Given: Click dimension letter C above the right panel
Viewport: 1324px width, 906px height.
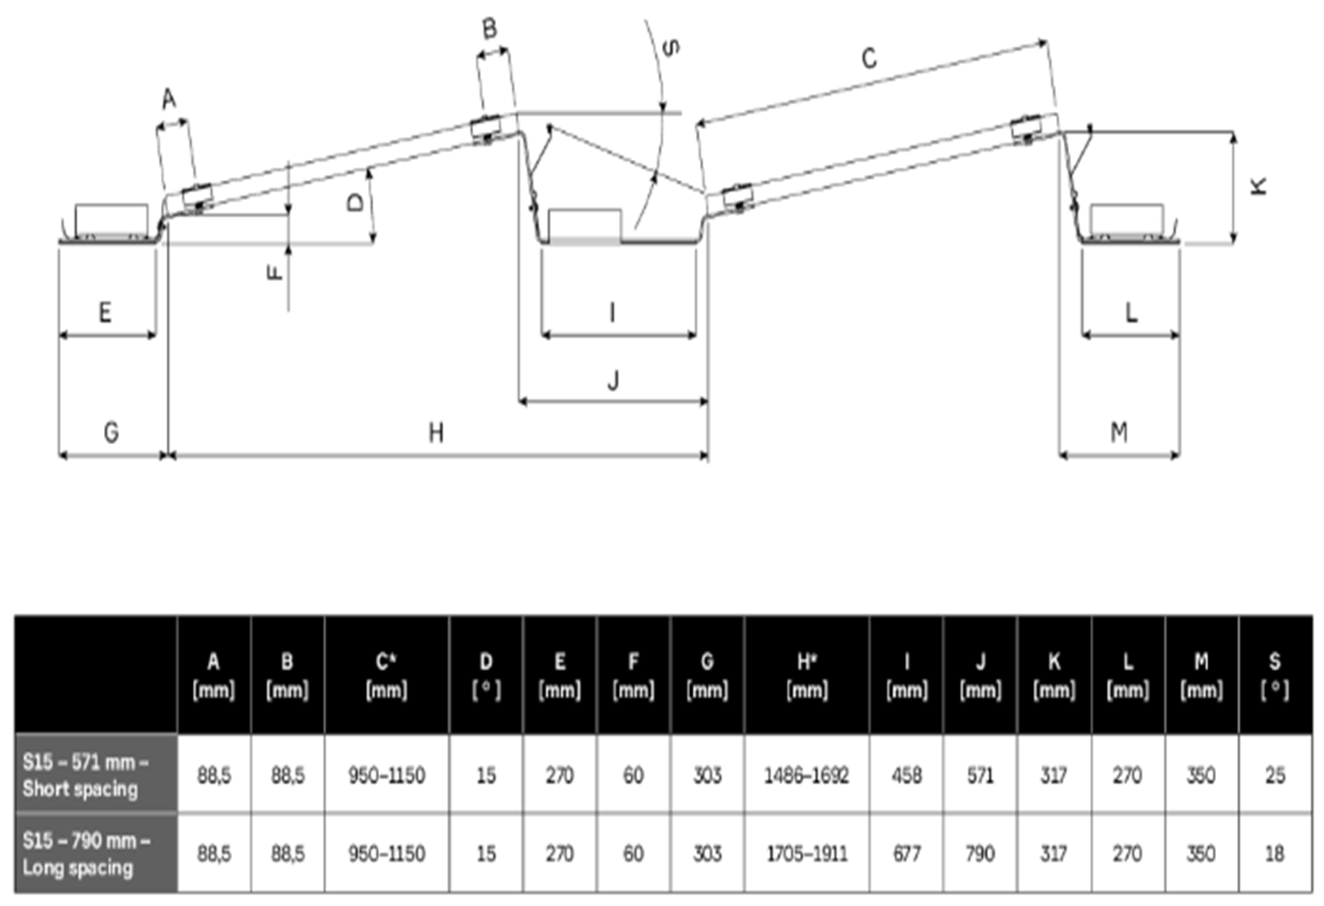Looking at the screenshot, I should tap(868, 59).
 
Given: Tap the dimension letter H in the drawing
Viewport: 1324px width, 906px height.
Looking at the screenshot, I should tap(436, 433).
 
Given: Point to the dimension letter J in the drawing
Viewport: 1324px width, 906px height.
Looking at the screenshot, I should tap(613, 381).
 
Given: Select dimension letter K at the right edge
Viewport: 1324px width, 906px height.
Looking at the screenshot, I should tap(1258, 186).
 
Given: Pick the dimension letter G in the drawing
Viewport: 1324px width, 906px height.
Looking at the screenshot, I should tap(111, 433).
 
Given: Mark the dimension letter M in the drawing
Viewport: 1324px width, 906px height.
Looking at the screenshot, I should tap(1119, 433).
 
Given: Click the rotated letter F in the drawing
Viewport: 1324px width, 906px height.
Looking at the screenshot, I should tap(275, 273).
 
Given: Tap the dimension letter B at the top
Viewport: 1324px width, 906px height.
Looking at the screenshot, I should tap(489, 29).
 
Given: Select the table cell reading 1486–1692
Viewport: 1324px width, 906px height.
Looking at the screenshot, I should tap(806, 775).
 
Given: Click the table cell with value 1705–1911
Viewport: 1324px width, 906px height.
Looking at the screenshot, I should tap(806, 854).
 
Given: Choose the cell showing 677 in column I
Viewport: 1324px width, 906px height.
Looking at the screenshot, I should tap(906, 854).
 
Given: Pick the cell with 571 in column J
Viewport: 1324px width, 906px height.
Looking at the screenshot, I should tap(980, 775).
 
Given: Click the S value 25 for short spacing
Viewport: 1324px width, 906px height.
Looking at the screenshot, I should tap(1274, 775).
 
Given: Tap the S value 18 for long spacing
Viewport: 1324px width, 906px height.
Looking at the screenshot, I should tap(1274, 854).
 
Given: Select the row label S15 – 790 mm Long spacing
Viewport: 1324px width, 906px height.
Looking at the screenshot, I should tap(87, 854).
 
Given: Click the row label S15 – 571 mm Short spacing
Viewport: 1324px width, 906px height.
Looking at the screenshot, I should tap(86, 775).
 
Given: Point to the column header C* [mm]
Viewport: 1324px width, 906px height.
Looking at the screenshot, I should tap(386, 676).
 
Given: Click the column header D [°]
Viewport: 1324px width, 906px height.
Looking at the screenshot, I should tap(486, 676).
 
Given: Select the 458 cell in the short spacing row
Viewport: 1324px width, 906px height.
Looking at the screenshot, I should tap(906, 775).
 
